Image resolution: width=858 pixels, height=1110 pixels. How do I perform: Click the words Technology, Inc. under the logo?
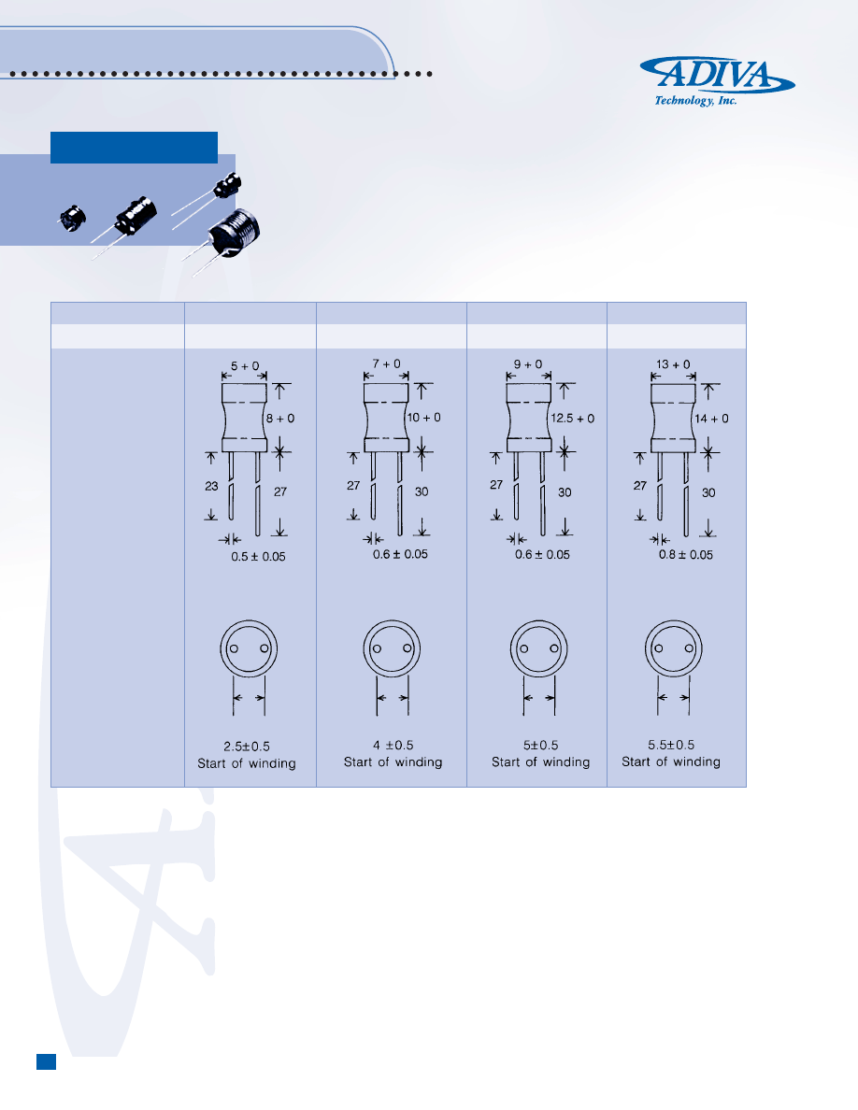click(695, 101)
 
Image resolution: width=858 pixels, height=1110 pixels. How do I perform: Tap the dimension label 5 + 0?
click(245, 366)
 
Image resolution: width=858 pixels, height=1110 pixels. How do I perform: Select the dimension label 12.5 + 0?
click(573, 419)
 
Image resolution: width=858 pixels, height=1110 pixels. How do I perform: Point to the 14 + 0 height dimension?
click(711, 419)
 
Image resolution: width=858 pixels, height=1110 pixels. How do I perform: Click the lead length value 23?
click(211, 486)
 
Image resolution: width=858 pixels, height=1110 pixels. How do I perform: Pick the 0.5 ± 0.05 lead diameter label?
click(258, 557)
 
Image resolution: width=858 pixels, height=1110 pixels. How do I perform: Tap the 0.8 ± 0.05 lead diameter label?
click(686, 554)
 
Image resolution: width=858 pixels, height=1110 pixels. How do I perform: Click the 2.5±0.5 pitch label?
click(247, 747)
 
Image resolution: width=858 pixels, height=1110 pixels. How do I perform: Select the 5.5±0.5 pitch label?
click(671, 745)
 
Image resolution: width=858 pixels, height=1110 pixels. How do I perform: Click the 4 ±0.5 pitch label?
click(393, 745)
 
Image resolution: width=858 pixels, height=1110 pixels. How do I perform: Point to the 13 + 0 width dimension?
click(673, 363)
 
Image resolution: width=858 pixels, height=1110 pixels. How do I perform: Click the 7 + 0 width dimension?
click(387, 363)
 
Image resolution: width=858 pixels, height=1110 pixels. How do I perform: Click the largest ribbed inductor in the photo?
click(234, 233)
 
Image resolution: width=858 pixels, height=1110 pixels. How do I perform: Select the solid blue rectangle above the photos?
click(134, 148)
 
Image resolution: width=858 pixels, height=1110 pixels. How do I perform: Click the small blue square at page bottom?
click(46, 1061)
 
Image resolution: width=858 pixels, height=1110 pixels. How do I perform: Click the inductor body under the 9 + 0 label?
click(529, 418)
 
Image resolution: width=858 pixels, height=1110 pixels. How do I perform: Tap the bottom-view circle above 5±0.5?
click(538, 648)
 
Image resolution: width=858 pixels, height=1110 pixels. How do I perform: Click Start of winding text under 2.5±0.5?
click(247, 763)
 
